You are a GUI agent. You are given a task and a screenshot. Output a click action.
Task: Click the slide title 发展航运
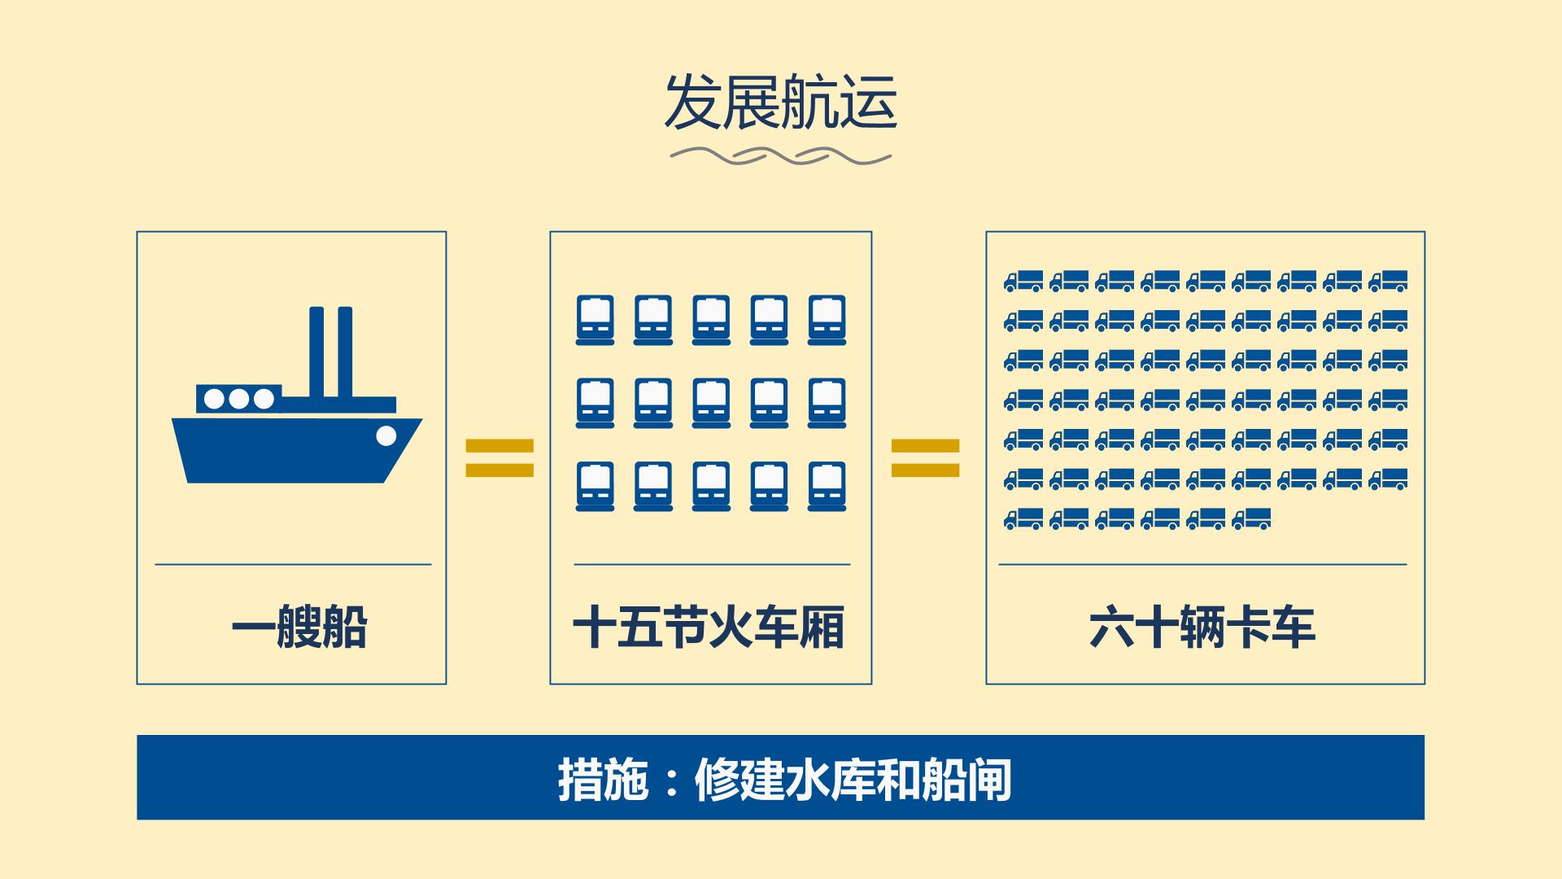pos(780,103)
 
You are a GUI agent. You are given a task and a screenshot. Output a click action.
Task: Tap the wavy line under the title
pos(780,155)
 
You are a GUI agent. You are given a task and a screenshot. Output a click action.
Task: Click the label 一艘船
pos(299,628)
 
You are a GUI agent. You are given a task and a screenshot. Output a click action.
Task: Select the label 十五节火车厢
pos(709,628)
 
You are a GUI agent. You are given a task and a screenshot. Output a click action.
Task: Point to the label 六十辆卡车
pos(1202,628)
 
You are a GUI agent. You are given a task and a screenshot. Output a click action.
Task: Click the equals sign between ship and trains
pos(500,458)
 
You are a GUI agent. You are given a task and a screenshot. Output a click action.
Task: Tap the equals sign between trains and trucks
pos(926,458)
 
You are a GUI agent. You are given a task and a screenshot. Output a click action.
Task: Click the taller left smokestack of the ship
pos(317,352)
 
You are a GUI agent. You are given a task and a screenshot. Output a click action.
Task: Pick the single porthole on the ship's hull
pos(386,436)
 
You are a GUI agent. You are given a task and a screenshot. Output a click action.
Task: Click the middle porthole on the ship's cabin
pos(238,399)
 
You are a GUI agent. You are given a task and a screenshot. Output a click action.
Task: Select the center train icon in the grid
pos(711,403)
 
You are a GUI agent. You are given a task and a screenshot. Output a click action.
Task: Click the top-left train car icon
pos(595,320)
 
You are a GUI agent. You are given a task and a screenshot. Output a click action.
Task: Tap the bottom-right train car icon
pos(827,487)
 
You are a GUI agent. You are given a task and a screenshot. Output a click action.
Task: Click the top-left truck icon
pos(1023,282)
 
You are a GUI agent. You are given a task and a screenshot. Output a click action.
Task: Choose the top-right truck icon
pos(1388,282)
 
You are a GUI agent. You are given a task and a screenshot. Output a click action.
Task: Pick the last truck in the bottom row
pos(1251,519)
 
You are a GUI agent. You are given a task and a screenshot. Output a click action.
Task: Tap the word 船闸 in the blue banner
pos(966,780)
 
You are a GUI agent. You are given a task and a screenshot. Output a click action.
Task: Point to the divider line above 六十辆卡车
pos(1202,564)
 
